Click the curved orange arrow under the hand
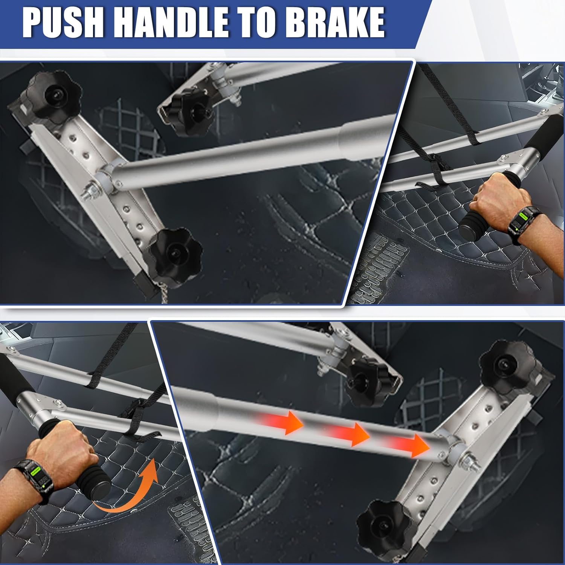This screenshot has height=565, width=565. tap(128, 490)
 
